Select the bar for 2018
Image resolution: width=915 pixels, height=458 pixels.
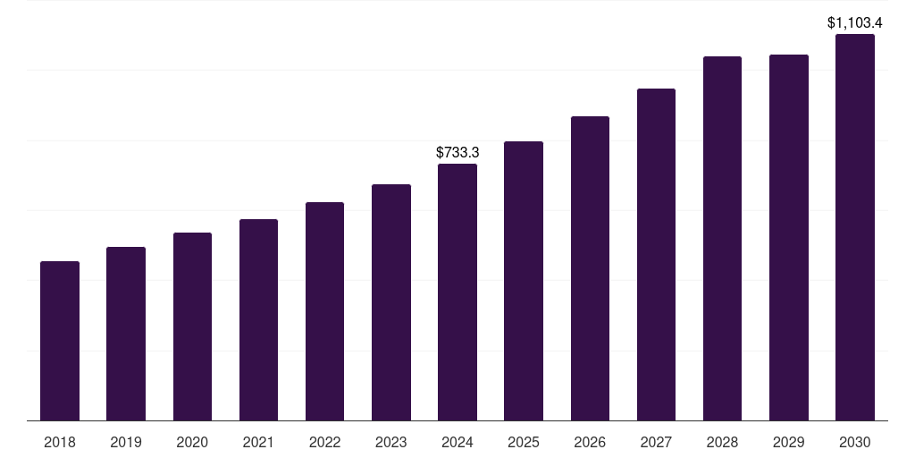click(x=60, y=341)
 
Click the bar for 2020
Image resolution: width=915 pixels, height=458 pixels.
click(x=192, y=327)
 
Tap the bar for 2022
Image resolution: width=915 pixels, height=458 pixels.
click(x=324, y=311)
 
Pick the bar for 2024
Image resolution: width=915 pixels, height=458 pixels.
click(x=457, y=293)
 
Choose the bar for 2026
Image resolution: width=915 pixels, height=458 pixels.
click(x=590, y=268)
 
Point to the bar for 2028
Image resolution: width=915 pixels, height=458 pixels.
click(x=722, y=239)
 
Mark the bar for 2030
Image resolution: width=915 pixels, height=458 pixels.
click(x=855, y=227)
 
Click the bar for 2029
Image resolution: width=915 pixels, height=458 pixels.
click(x=789, y=238)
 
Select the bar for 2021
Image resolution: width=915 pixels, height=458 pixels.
click(x=258, y=320)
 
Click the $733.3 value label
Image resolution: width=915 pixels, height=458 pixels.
click(x=457, y=153)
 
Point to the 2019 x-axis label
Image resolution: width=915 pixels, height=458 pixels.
click(x=126, y=442)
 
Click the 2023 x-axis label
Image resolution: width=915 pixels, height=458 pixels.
click(x=391, y=442)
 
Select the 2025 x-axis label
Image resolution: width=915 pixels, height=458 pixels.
click(x=524, y=442)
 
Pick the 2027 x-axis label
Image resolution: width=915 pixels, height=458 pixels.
click(x=656, y=442)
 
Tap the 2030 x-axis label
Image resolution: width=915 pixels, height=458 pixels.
click(x=855, y=442)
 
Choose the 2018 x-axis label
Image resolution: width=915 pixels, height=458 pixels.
click(x=60, y=442)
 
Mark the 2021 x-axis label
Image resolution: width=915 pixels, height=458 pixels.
click(x=258, y=442)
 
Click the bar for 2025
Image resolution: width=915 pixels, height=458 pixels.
click(x=524, y=281)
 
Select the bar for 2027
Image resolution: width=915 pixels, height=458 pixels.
click(x=656, y=255)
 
